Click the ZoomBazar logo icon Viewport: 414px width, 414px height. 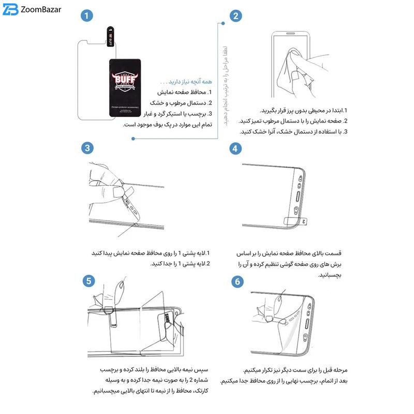[x=11, y=10]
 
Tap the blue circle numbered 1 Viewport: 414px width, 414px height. [x=86, y=16]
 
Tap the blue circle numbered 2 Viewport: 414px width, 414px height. [x=235, y=16]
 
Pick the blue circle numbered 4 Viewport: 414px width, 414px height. [x=235, y=148]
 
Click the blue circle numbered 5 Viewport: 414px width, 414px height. [x=89, y=280]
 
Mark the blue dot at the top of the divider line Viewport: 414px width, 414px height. [x=223, y=23]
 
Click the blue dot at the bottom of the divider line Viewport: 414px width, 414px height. [x=133, y=138]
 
